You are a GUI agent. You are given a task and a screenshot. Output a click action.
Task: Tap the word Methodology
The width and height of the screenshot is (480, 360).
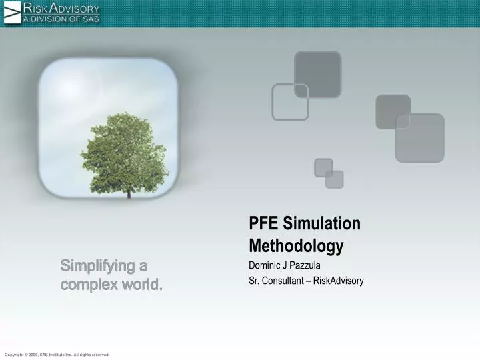[296, 246]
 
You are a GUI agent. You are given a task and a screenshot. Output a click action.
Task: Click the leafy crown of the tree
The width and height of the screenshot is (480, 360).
[124, 150]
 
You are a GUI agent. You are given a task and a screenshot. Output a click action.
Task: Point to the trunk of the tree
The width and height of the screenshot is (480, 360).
[129, 193]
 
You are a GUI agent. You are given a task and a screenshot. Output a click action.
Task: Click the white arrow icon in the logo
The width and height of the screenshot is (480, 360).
[12, 13]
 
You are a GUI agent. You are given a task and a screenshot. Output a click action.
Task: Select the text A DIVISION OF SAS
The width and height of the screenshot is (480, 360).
[61, 19]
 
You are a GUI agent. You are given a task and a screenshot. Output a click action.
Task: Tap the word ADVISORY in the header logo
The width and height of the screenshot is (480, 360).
[73, 9]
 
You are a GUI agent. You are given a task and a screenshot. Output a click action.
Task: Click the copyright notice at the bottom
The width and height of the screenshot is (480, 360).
[57, 355]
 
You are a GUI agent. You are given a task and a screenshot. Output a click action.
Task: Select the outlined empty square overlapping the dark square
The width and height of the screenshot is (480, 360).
[290, 102]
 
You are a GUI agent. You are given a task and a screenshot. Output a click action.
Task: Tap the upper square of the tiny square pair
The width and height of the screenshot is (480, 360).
[323, 167]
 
